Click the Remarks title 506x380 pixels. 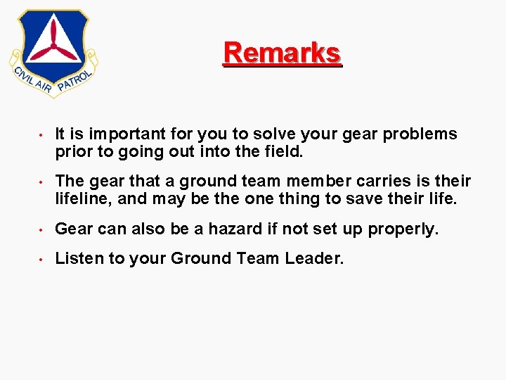282,53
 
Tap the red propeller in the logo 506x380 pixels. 53,44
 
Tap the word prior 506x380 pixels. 73,151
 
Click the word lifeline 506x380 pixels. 83,199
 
